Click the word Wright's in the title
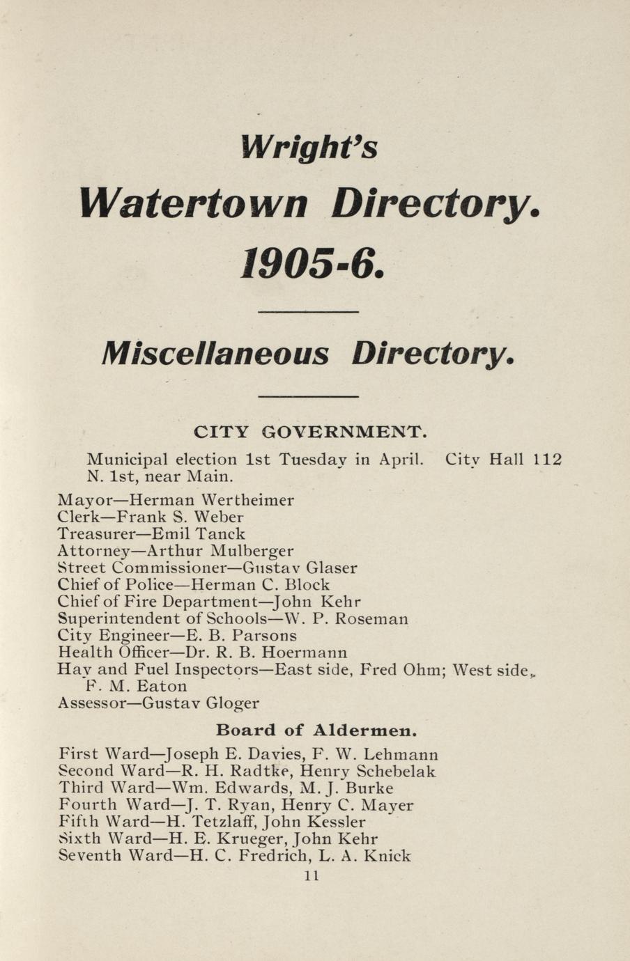(309, 147)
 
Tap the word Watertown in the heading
(194, 203)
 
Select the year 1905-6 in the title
(311, 265)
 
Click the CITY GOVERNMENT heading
(309, 432)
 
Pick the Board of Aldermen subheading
(316, 730)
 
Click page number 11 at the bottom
(312, 876)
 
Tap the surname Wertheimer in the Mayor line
(247, 500)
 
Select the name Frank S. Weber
(180, 517)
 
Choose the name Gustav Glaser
(302, 568)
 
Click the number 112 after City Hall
(547, 460)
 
